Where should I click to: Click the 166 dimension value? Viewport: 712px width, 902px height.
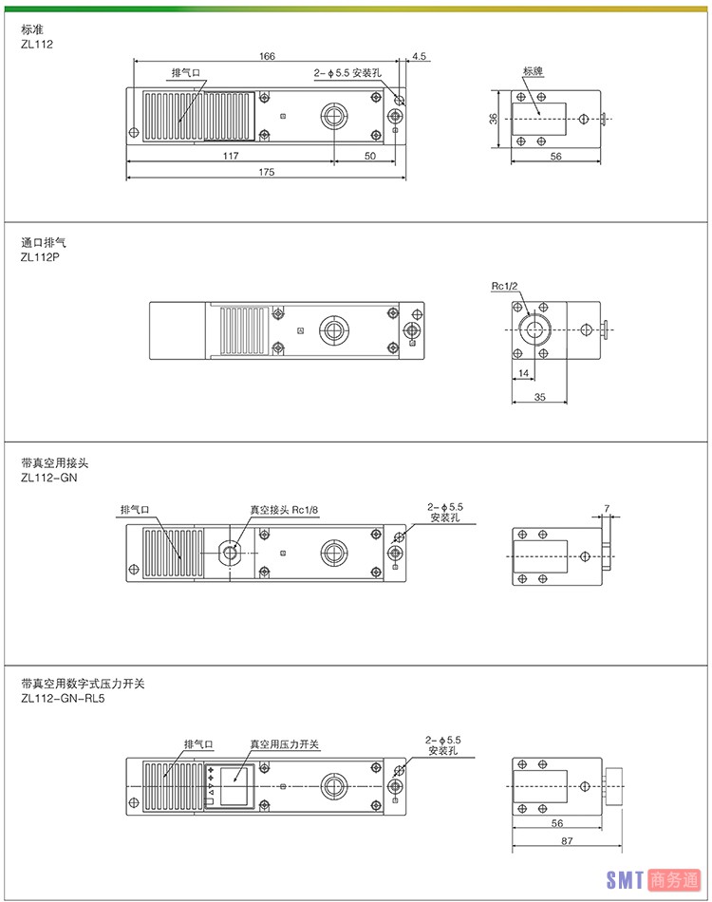pos(267,57)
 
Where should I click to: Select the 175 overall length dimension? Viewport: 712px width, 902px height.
pos(267,172)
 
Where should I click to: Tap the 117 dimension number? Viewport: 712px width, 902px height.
pos(231,156)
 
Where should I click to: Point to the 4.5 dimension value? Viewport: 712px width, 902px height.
pos(419,57)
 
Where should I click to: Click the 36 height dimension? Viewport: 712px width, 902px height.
pos(493,119)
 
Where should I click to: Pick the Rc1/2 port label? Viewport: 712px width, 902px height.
pos(503,286)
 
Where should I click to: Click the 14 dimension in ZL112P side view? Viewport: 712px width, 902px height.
pos(524,374)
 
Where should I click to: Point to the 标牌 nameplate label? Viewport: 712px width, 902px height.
pos(533,71)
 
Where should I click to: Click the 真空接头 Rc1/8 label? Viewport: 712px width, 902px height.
pos(284,509)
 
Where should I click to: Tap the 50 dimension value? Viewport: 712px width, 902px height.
pos(369,156)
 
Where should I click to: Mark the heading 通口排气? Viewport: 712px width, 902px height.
pos(44,242)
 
